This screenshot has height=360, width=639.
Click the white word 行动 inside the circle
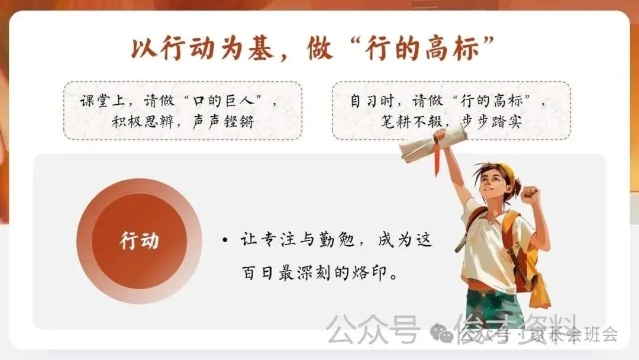point(139,242)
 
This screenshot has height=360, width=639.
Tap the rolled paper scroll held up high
point(433,144)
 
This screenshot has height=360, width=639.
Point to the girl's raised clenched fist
point(531,195)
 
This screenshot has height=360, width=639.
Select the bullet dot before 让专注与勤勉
point(225,241)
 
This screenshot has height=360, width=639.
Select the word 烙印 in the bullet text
point(356,274)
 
